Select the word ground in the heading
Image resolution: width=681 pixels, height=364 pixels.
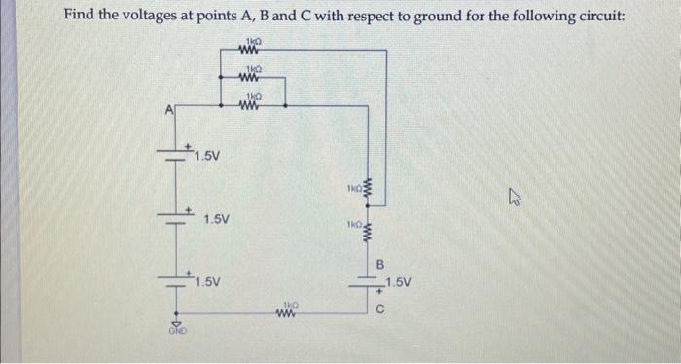pyautogui.click(x=435, y=17)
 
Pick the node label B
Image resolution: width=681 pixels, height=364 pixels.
pyautogui.click(x=381, y=263)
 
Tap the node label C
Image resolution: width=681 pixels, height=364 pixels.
pyautogui.click(x=382, y=312)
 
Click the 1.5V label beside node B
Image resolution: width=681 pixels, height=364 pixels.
pyautogui.click(x=401, y=283)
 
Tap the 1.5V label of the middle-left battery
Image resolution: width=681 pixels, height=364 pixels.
pyautogui.click(x=217, y=220)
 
